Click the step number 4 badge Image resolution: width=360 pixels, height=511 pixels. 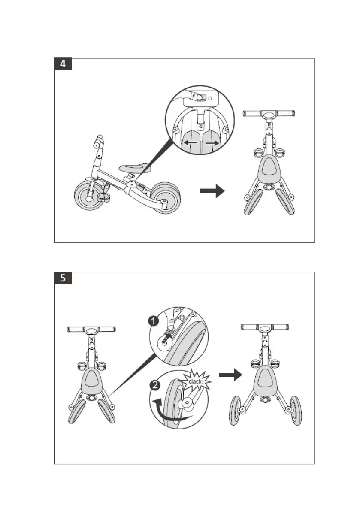[63, 64]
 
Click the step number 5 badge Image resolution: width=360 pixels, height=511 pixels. [63, 278]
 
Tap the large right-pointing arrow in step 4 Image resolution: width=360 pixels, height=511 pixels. [212, 191]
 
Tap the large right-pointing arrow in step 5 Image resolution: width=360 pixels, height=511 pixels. [231, 375]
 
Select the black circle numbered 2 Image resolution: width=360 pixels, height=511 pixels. [155, 385]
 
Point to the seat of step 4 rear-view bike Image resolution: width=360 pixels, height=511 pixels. [269, 167]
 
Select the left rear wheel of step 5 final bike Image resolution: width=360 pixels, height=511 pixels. [236, 411]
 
